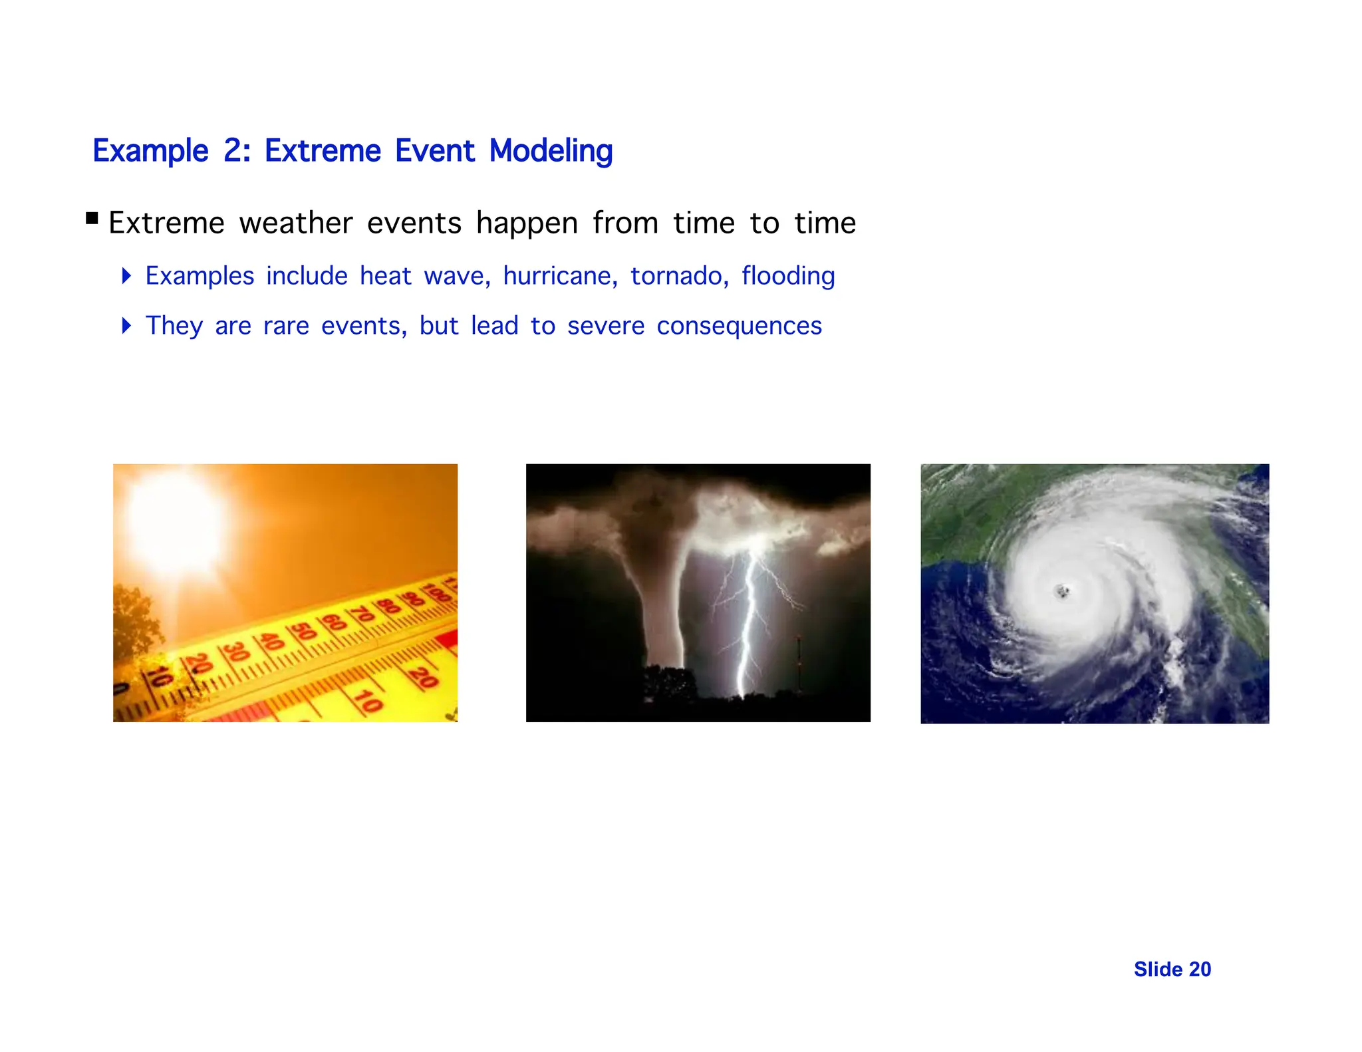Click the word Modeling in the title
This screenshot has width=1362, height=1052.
(x=551, y=151)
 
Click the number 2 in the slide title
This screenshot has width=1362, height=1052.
(x=234, y=151)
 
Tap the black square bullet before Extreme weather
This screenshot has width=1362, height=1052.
(x=92, y=218)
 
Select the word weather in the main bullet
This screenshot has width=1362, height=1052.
(x=295, y=223)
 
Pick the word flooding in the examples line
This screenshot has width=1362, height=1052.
(x=788, y=276)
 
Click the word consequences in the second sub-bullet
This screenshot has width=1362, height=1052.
(x=739, y=326)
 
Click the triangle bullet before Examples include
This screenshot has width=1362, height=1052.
(x=126, y=275)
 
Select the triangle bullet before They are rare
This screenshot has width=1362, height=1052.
(x=126, y=325)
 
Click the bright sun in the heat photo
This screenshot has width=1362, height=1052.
(x=176, y=522)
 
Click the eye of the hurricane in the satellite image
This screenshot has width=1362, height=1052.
(x=1062, y=590)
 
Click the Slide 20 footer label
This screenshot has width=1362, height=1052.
(x=1172, y=970)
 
